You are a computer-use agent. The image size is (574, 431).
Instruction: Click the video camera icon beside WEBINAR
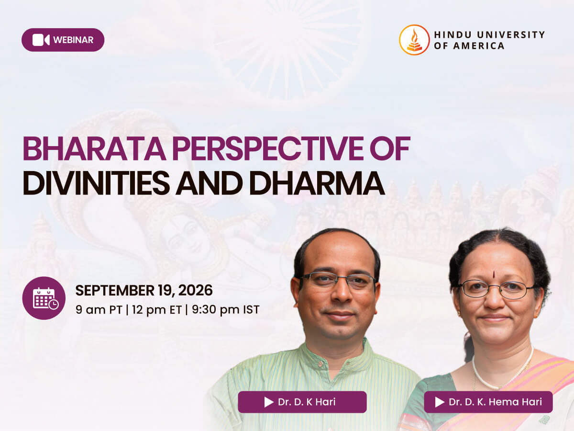(41, 40)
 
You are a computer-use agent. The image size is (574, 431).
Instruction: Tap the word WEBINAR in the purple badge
(73, 40)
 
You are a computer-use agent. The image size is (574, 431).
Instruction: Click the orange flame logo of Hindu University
(414, 40)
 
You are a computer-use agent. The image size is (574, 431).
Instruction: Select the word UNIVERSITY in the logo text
(511, 34)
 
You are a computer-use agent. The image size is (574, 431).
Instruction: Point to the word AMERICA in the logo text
(478, 46)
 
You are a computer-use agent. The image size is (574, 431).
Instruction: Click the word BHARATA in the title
(94, 148)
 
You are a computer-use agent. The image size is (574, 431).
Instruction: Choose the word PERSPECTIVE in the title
(267, 148)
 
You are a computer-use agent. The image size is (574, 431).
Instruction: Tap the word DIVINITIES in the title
(96, 183)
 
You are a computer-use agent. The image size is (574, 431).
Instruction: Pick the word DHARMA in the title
(317, 183)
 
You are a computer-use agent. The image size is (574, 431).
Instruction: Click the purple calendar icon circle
(44, 298)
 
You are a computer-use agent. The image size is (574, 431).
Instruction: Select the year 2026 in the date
(195, 291)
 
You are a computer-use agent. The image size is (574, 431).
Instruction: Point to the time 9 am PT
(99, 310)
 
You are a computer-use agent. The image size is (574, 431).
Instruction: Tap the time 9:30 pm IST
(226, 309)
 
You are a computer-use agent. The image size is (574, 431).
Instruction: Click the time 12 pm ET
(157, 310)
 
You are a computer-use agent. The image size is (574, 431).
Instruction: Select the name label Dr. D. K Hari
(302, 402)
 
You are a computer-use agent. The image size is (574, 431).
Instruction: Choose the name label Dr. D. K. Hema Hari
(488, 402)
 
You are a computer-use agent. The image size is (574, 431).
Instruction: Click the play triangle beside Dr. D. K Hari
(269, 402)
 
